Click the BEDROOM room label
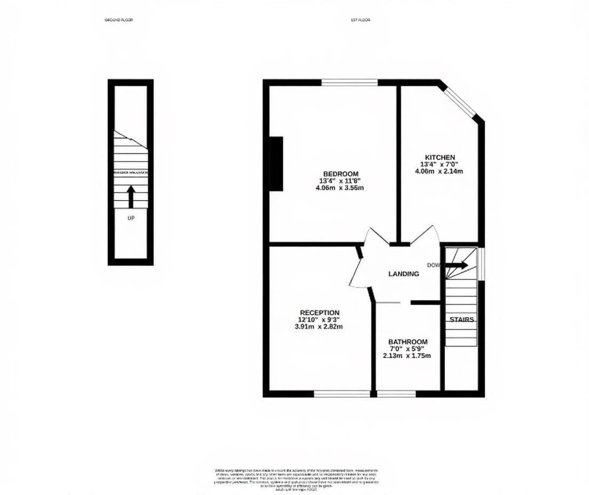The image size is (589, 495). pyautogui.click(x=340, y=173)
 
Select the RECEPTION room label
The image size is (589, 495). pyautogui.click(x=319, y=313)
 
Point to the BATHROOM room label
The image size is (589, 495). pyautogui.click(x=408, y=342)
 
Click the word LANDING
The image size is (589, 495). pyautogui.click(x=403, y=274)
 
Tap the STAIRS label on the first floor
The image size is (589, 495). pyautogui.click(x=461, y=320)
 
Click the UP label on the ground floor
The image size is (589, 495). pyautogui.click(x=131, y=218)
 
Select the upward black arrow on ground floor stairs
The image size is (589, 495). pyautogui.click(x=131, y=196)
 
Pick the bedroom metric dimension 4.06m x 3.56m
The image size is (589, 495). pyautogui.click(x=340, y=188)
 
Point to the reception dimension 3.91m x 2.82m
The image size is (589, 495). pyautogui.click(x=319, y=326)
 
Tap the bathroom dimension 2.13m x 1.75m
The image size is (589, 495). pyautogui.click(x=408, y=356)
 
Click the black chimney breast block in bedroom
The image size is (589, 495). pyautogui.click(x=276, y=163)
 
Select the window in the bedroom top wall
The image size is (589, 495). pyautogui.click(x=349, y=82)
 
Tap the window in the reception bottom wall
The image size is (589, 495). pyautogui.click(x=341, y=394)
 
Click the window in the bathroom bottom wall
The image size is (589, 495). pyautogui.click(x=396, y=394)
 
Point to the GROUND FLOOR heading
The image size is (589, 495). pyautogui.click(x=119, y=20)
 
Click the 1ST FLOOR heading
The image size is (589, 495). pyautogui.click(x=360, y=20)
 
